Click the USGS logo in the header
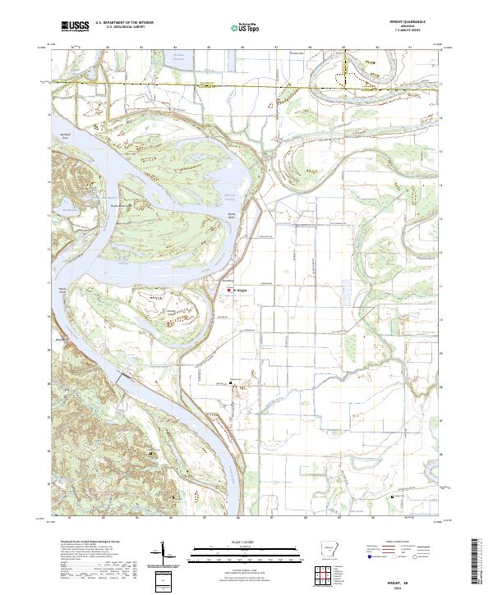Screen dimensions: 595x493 pyautogui.click(x=74, y=26)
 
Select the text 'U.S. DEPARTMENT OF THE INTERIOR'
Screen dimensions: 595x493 pyautogui.click(x=124, y=23)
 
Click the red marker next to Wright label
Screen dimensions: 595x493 pyautogui.click(x=229, y=289)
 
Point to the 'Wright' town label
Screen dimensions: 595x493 pyautogui.click(x=242, y=289)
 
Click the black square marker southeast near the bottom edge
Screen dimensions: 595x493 pyautogui.click(x=394, y=497)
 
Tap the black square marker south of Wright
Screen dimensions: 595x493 pyautogui.click(x=231, y=382)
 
